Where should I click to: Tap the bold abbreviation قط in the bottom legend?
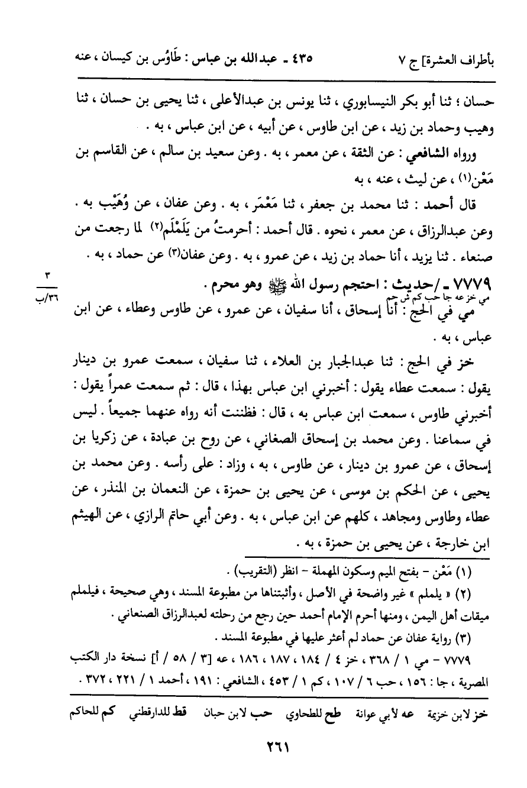point(193,714)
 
